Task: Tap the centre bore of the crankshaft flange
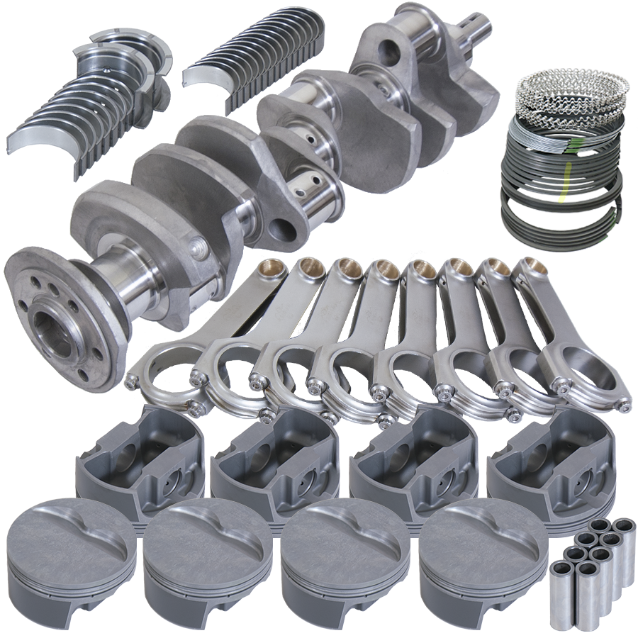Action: pyautogui.click(x=53, y=330)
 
